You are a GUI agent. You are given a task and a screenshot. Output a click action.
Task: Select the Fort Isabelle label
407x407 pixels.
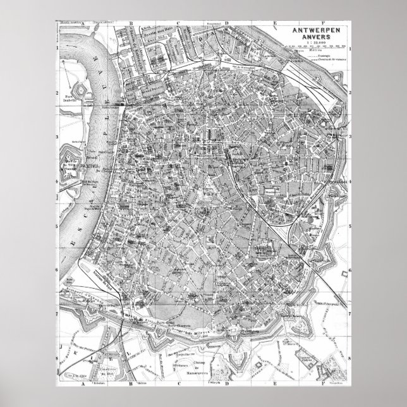70,95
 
